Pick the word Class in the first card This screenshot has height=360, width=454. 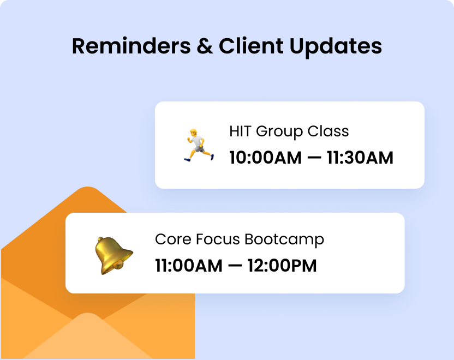329,131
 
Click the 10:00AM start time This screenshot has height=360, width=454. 265,158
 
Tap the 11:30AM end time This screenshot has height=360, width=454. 360,158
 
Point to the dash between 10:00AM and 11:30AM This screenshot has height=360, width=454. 314,159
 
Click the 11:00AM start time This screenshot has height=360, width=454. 189,266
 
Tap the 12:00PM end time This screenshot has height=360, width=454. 282,266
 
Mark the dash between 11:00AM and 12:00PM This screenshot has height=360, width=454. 235,267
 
